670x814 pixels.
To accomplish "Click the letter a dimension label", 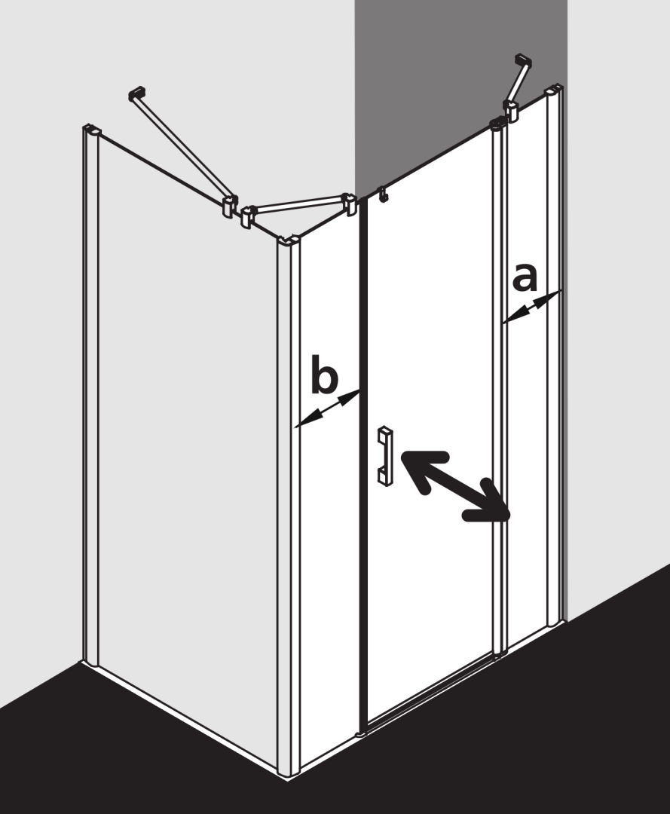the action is click(524, 277).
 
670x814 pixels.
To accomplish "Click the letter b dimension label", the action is click(324, 373).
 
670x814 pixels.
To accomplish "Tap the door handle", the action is click(384, 456).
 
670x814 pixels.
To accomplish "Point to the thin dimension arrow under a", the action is click(532, 307).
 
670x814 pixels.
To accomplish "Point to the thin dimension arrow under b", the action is click(328, 409).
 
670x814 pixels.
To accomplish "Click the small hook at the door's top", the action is click(383, 194).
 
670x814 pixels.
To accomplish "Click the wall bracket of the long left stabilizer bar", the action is click(136, 94).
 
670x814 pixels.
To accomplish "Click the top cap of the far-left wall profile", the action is click(91, 129).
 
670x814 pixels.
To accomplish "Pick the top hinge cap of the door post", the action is click(497, 124).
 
